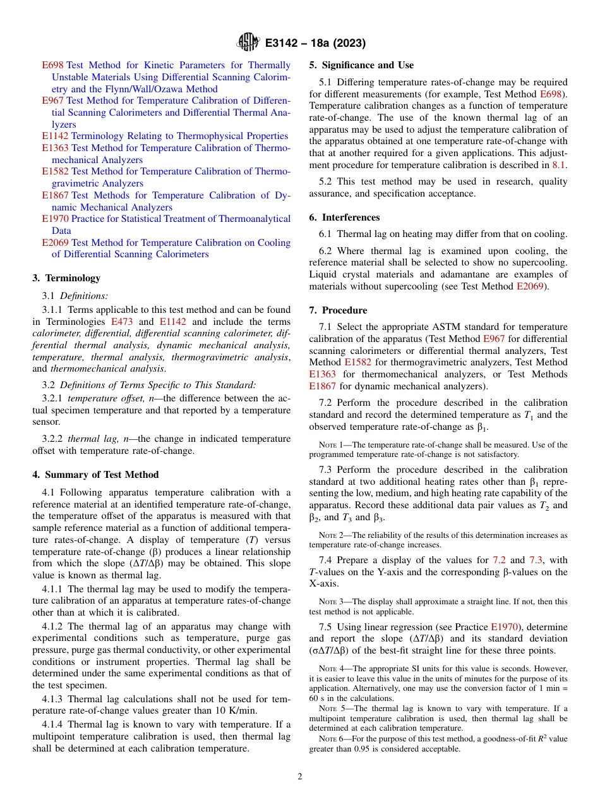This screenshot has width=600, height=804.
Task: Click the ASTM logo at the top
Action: (248, 42)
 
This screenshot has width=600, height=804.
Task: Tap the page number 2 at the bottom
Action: (300, 777)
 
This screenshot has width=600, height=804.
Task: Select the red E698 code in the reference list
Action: (52, 65)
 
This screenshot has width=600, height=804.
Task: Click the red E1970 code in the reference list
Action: (55, 219)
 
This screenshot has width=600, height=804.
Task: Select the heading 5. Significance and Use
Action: (361, 65)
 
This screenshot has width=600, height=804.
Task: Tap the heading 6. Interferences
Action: (344, 217)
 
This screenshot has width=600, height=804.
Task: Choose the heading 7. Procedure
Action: (338, 310)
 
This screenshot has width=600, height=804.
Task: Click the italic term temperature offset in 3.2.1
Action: (102, 399)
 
